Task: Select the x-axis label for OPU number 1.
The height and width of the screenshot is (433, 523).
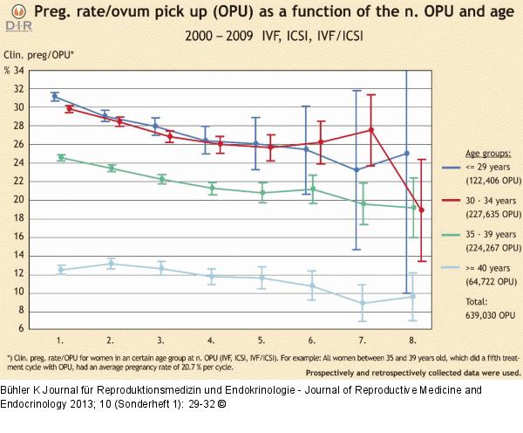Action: tap(59, 338)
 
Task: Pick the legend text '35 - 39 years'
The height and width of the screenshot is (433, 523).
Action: tap(476, 236)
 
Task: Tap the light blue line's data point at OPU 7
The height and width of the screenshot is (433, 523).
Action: tap(361, 303)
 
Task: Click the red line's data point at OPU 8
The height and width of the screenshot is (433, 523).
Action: tap(422, 210)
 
